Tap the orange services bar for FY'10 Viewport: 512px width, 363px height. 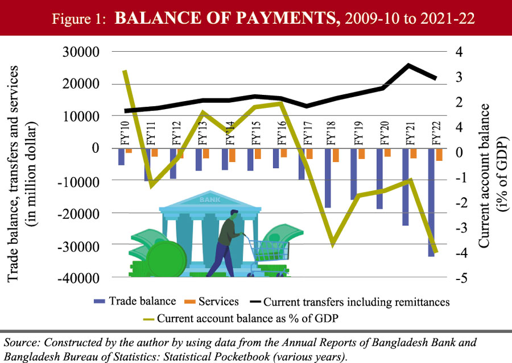pyautogui.click(x=129, y=151)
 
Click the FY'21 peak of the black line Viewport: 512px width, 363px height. pyautogui.click(x=409, y=65)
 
